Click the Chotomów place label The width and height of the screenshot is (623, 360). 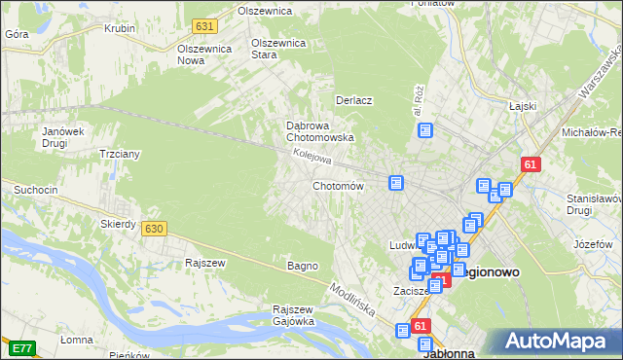click(x=338, y=186)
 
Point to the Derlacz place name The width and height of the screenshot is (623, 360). click(x=355, y=100)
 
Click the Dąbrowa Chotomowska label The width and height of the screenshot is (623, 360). click(x=319, y=131)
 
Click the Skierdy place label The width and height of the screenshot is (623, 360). click(x=118, y=224)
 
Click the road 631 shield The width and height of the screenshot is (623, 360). click(x=203, y=25)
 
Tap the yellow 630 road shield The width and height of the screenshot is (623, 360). click(x=153, y=228)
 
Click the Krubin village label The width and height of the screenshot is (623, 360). click(x=120, y=28)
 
